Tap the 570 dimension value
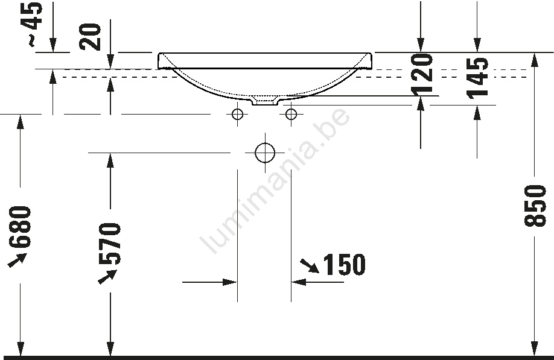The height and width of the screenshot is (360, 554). (110, 244)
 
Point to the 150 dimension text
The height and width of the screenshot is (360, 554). (344, 264)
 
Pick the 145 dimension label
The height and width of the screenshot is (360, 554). (477, 78)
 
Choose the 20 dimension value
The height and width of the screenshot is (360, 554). (90, 37)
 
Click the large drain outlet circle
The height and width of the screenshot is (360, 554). (265, 153)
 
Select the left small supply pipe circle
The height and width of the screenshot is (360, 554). (237, 114)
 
